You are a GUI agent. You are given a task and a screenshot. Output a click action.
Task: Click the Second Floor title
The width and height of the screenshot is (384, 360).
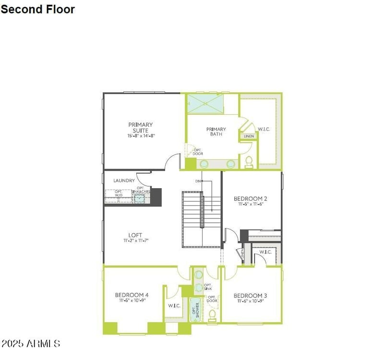pos(37,9)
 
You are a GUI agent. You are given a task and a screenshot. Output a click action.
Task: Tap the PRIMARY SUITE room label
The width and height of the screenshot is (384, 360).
pos(141,128)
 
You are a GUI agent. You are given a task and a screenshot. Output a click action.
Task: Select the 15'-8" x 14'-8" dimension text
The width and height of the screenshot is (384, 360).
pos(141,136)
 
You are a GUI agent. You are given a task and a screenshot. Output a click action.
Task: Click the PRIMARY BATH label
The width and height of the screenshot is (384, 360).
pos(216,132)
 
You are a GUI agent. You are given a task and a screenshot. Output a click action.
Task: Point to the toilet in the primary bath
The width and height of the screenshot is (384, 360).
pos(249,162)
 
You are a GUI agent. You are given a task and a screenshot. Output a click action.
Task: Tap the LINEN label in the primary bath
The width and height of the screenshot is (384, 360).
pos(249,136)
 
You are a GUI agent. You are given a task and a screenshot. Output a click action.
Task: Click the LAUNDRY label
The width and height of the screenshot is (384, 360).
pos(124,181)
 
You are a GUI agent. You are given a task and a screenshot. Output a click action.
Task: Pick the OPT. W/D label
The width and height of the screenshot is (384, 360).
pos(118,193)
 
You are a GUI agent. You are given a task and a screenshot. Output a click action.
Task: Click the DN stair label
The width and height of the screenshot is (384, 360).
pos(198,181)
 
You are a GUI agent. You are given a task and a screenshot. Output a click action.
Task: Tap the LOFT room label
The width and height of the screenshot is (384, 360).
pos(135,235)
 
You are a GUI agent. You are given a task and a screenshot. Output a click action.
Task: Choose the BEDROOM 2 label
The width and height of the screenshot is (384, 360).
pos(250,199)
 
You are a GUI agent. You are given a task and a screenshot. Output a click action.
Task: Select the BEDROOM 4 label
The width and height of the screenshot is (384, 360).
pos(131,295)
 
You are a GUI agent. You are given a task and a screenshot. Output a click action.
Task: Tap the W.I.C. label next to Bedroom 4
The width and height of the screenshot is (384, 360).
pos(173,306)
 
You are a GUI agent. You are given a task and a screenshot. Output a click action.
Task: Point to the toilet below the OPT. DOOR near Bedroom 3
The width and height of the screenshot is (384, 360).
pos(213,315)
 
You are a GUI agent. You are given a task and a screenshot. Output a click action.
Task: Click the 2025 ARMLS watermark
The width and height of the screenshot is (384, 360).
pos(31,344)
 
